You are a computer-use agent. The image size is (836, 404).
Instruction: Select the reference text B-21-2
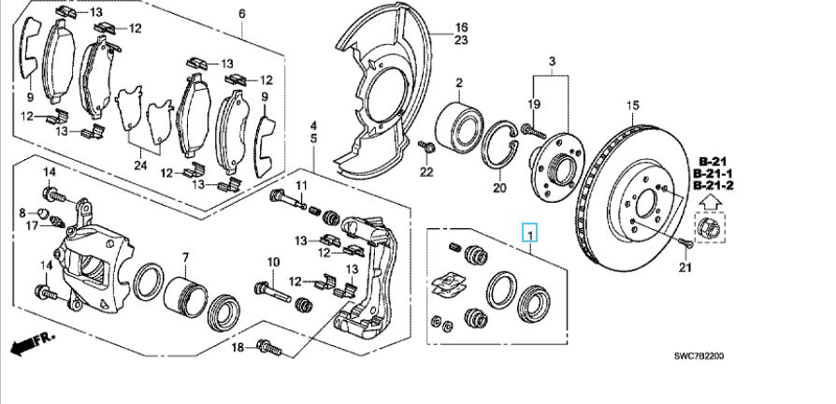[x=713, y=186]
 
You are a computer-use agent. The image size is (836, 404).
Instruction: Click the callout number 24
[x=140, y=166]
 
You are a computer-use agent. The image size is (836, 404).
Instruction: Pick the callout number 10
[x=274, y=262]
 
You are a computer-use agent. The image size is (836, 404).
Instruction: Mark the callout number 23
[x=461, y=41]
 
